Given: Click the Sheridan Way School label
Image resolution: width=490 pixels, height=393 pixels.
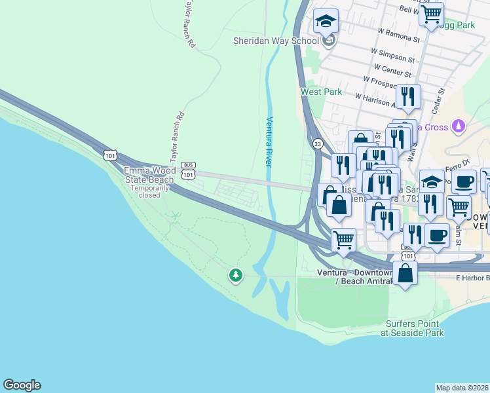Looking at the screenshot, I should click(x=276, y=41).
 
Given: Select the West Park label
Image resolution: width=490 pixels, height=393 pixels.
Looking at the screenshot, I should click(x=321, y=92).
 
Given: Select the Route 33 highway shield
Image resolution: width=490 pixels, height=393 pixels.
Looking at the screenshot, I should click(x=318, y=143).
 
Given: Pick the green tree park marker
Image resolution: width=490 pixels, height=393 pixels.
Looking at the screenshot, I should click(x=235, y=276).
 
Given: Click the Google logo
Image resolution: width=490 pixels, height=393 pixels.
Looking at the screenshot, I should click(x=22, y=385).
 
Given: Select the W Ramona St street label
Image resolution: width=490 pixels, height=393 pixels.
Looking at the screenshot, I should click(x=399, y=33).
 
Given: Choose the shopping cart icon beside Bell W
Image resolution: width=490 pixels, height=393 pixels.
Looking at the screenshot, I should click(x=431, y=14).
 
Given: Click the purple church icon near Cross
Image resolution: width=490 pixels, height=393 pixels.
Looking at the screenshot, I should click(x=459, y=124).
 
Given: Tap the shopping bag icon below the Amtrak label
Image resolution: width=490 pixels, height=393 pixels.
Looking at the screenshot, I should click(x=405, y=274).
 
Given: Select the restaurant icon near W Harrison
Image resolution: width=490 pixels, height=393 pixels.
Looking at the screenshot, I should click(x=408, y=97).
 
